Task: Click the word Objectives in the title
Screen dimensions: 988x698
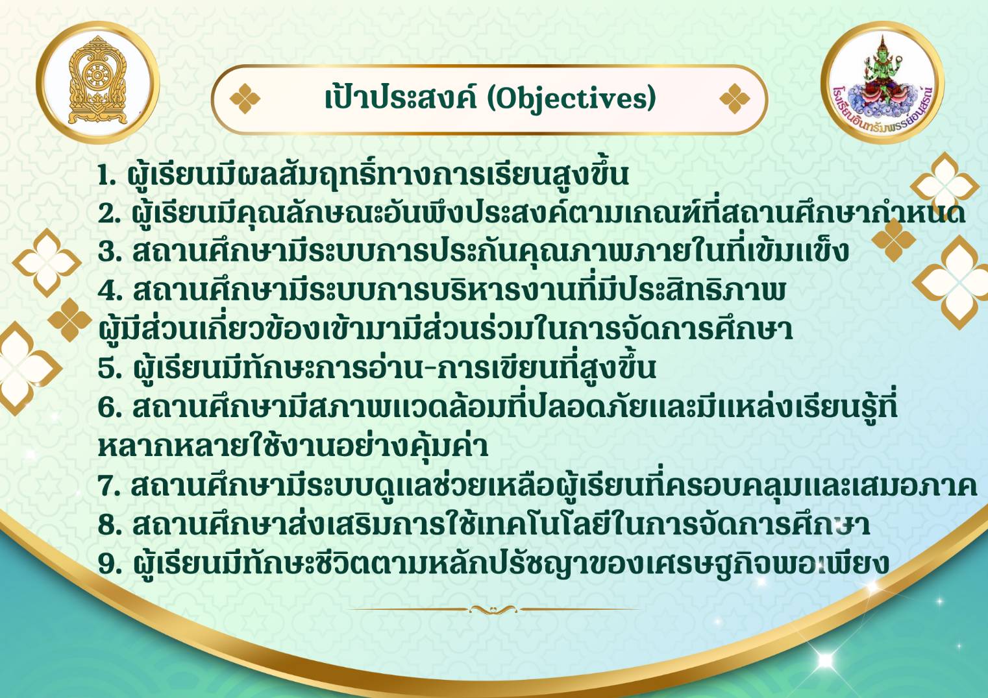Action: tap(572, 98)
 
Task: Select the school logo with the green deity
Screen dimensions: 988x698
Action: tap(883, 82)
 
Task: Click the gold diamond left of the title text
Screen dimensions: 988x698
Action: tap(245, 99)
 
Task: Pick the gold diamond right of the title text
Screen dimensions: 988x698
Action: tap(735, 99)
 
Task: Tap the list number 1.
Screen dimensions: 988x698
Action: tap(106, 175)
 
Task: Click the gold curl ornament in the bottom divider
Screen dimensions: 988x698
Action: tap(493, 609)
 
